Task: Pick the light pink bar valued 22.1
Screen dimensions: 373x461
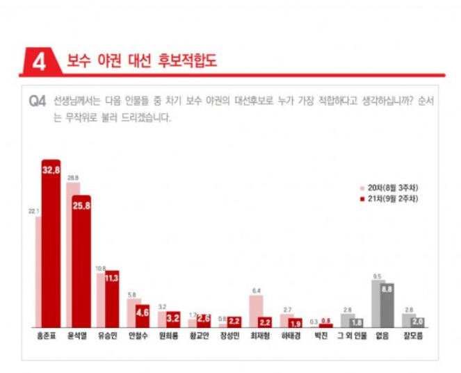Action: pos(38,272)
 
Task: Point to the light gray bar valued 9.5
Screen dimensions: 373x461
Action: pos(377,304)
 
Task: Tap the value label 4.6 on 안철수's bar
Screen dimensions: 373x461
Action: pos(143,313)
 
